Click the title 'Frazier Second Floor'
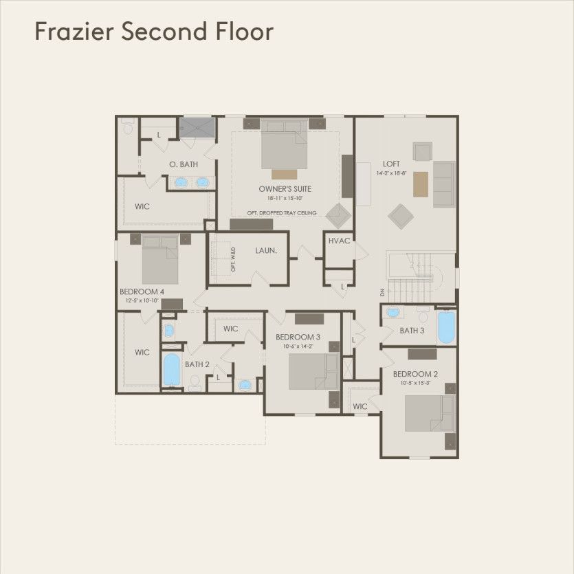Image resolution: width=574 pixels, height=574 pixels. click(154, 32)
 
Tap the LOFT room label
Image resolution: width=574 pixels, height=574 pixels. click(391, 164)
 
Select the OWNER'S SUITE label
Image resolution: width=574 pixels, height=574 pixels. click(285, 188)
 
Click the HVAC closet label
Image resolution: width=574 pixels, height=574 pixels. click(340, 241)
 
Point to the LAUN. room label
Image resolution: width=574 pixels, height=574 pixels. click(266, 251)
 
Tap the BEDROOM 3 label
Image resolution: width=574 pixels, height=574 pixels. click(298, 337)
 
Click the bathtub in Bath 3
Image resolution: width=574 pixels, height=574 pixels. click(446, 327)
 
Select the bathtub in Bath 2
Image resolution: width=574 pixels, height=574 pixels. click(170, 370)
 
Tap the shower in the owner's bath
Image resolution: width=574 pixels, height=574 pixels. click(197, 127)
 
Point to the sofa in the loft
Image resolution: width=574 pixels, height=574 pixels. click(443, 184)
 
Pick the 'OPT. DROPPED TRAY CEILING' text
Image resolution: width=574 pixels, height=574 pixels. click(282, 213)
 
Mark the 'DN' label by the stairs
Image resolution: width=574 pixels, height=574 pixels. click(382, 292)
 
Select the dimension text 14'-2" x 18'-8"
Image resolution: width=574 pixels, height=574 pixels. click(391, 173)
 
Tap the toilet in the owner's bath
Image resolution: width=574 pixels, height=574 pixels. click(127, 128)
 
